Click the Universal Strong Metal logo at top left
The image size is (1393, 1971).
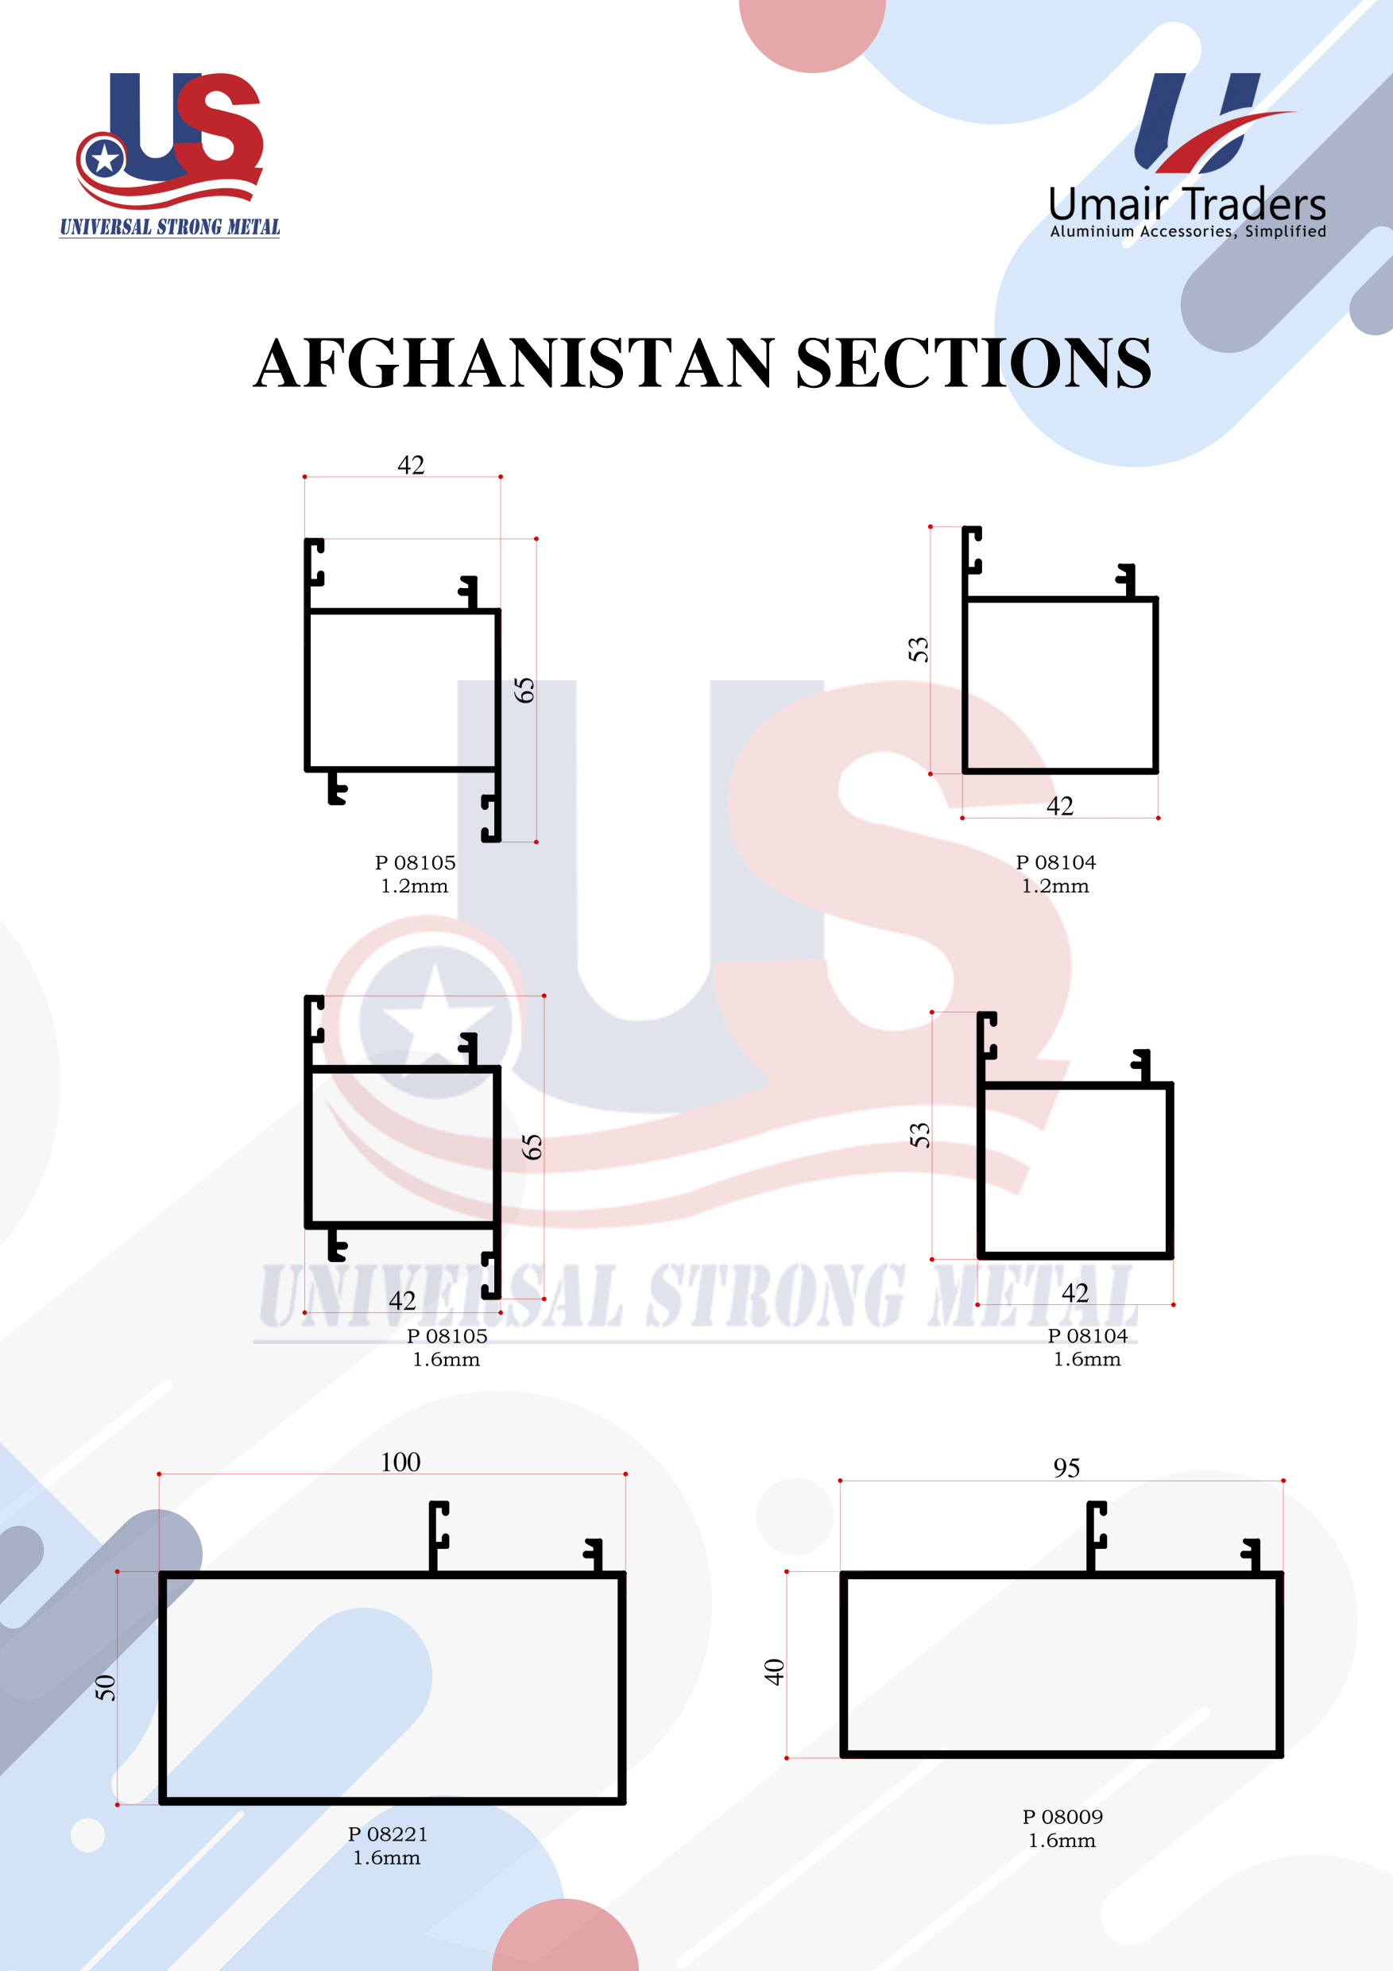coord(170,154)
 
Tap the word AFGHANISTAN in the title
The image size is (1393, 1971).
coord(514,363)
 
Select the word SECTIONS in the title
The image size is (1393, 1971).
coord(973,363)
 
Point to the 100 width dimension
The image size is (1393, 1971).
coord(400,1462)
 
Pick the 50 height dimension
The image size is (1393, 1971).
coord(105,1688)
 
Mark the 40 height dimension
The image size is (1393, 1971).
coord(774,1671)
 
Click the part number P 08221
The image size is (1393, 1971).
coord(388,1834)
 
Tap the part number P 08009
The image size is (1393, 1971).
coord(1062,1818)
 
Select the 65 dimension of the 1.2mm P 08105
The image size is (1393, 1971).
coord(524,690)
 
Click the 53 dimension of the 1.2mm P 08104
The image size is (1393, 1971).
coord(919,649)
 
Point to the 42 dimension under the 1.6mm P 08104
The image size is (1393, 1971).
coord(1074,1293)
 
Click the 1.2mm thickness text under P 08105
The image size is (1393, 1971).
coord(415,886)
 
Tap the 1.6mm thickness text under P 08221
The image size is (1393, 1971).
coord(386,1857)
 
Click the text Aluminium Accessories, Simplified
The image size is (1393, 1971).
coord(1188,231)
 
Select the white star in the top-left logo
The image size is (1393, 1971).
coord(105,159)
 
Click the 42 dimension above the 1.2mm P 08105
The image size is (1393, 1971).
coord(410,465)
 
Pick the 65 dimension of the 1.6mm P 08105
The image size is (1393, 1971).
coord(532,1147)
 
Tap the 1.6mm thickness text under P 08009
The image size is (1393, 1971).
coord(1062,1841)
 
